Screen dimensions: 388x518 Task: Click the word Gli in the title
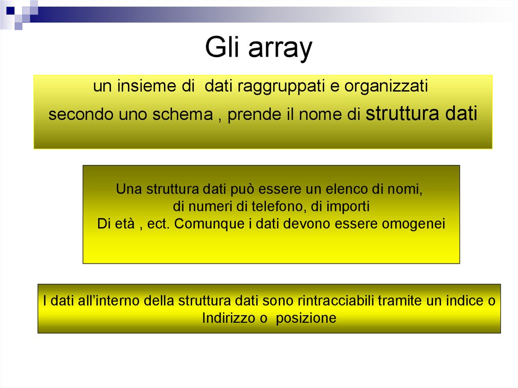pos(222,49)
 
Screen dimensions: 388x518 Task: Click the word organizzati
pos(386,87)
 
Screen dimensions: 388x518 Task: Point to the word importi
pos(348,207)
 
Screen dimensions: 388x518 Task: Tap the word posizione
pos(306,319)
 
